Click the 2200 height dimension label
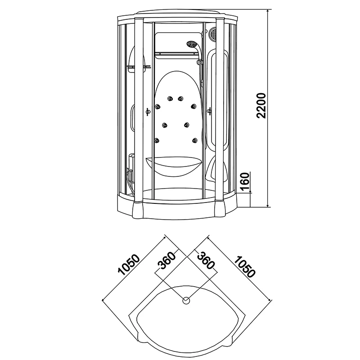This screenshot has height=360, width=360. pyautogui.click(x=263, y=106)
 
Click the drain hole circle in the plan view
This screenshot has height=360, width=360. pyautogui.click(x=186, y=300)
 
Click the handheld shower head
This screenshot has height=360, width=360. pyautogui.click(x=191, y=45)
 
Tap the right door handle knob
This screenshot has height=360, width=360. pyautogui.click(x=210, y=111)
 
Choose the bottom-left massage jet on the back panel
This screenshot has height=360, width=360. pyautogui.click(x=157, y=141)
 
